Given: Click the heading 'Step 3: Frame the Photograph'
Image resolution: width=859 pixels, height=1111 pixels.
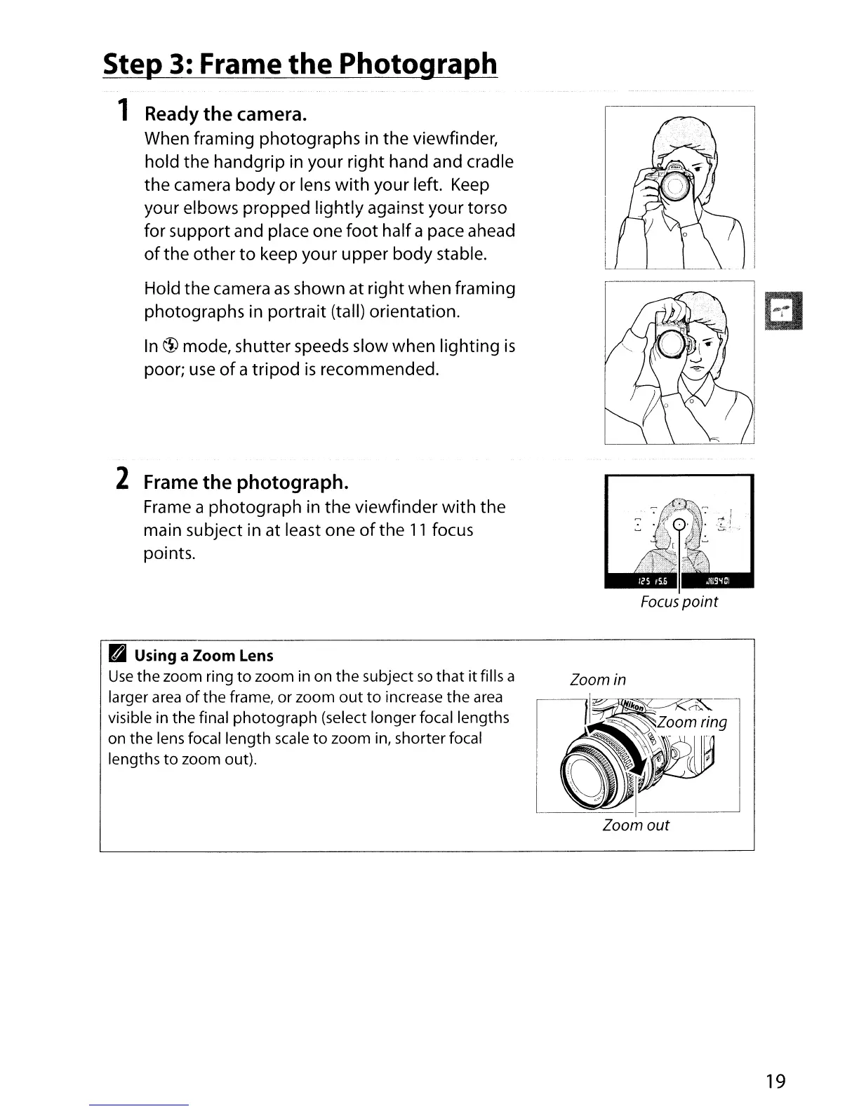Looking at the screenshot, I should point(300,64).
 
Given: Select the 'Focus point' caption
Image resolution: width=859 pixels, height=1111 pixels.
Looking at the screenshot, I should point(679,602).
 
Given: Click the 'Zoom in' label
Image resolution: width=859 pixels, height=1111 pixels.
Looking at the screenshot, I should point(597,680).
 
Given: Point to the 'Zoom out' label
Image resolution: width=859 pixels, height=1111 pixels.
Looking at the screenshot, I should point(636,826).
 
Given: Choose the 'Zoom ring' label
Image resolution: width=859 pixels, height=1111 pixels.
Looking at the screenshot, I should point(693,722).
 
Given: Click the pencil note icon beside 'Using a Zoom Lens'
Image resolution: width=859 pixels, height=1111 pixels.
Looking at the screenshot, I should point(116,655).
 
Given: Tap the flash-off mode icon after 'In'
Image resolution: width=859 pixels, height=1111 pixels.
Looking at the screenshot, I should point(171,345).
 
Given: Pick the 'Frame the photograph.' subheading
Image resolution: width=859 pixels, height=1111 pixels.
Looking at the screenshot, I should point(246,483).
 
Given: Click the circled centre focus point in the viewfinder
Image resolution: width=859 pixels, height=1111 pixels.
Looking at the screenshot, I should point(679,526).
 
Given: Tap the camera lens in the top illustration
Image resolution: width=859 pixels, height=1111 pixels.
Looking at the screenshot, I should point(675,186).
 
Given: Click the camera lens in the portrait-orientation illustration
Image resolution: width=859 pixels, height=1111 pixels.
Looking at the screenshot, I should point(672,342).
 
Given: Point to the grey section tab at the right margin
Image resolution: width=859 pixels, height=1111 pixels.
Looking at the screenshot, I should point(784,309).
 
